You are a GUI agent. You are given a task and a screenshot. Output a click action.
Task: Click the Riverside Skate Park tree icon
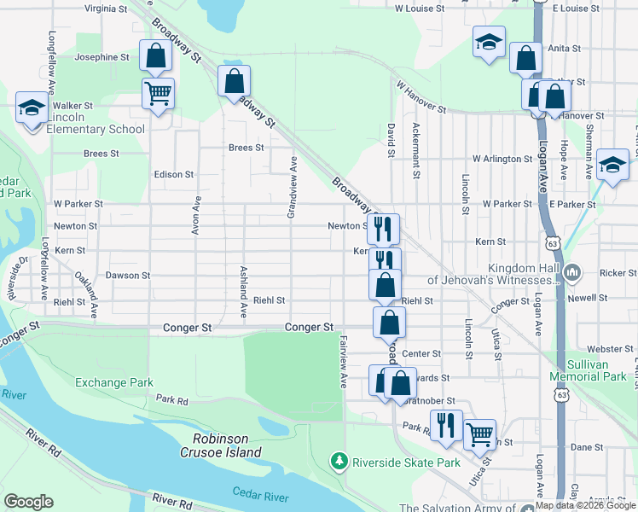coord(340,462)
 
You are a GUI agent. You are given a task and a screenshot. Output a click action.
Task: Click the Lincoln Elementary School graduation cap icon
coord(32,108)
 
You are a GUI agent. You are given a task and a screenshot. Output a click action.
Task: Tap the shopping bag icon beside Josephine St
coord(156,57)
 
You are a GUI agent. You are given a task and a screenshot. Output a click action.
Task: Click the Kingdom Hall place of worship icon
coord(571,272)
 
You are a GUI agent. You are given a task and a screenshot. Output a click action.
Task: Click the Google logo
coord(28,502)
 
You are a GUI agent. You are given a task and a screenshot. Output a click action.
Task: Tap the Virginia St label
coord(106,9)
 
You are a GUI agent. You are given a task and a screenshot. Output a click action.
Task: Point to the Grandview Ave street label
coord(292,187)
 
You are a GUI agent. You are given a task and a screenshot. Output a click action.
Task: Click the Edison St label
coord(173,174)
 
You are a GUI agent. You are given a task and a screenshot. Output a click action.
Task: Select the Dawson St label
coord(128,276)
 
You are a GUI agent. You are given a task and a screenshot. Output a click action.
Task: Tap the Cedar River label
coord(263,492)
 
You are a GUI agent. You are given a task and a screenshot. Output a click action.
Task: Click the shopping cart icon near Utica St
coord(479,434)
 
